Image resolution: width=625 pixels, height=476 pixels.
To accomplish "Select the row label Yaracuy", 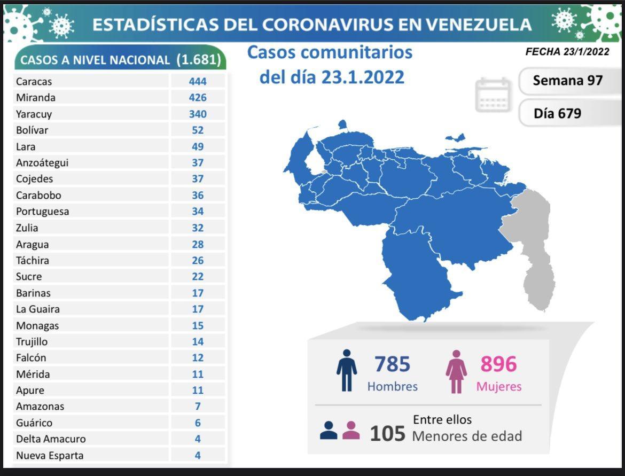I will (34, 114).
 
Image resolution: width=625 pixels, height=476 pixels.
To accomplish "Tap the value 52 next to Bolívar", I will (198, 130).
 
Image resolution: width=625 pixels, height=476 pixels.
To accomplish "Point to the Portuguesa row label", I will (42, 211).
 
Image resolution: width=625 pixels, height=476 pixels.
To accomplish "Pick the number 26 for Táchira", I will (198, 260).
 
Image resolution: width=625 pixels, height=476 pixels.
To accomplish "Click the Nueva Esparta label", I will (50, 455).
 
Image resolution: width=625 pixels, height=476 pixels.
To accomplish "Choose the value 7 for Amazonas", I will (198, 406).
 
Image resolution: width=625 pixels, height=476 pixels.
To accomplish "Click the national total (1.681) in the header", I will (198, 60).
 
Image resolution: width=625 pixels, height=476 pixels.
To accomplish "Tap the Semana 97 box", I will (567, 81).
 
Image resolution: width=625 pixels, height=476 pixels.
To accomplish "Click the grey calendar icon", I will (493, 95).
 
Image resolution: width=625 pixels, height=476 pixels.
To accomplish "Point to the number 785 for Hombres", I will (392, 364).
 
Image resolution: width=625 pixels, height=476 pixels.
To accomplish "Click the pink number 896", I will (498, 364).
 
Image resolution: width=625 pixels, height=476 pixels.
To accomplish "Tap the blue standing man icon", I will (347, 370).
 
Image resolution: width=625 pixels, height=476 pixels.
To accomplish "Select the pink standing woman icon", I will (456, 371).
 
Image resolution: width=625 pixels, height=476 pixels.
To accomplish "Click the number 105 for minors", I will (388, 433).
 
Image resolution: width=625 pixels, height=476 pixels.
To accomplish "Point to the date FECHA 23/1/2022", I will (567, 52).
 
